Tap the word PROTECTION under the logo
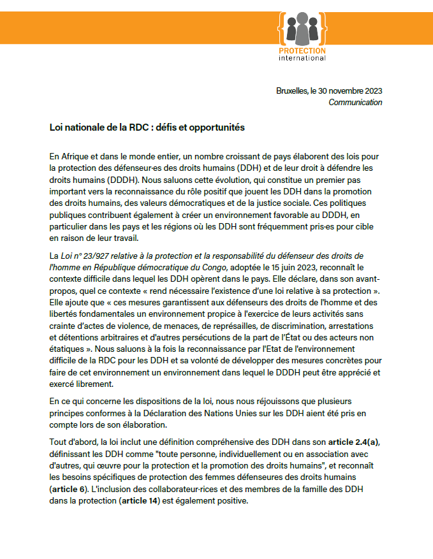[x=302, y=50]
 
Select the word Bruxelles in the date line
[x=291, y=91]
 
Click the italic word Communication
[x=355, y=102]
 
